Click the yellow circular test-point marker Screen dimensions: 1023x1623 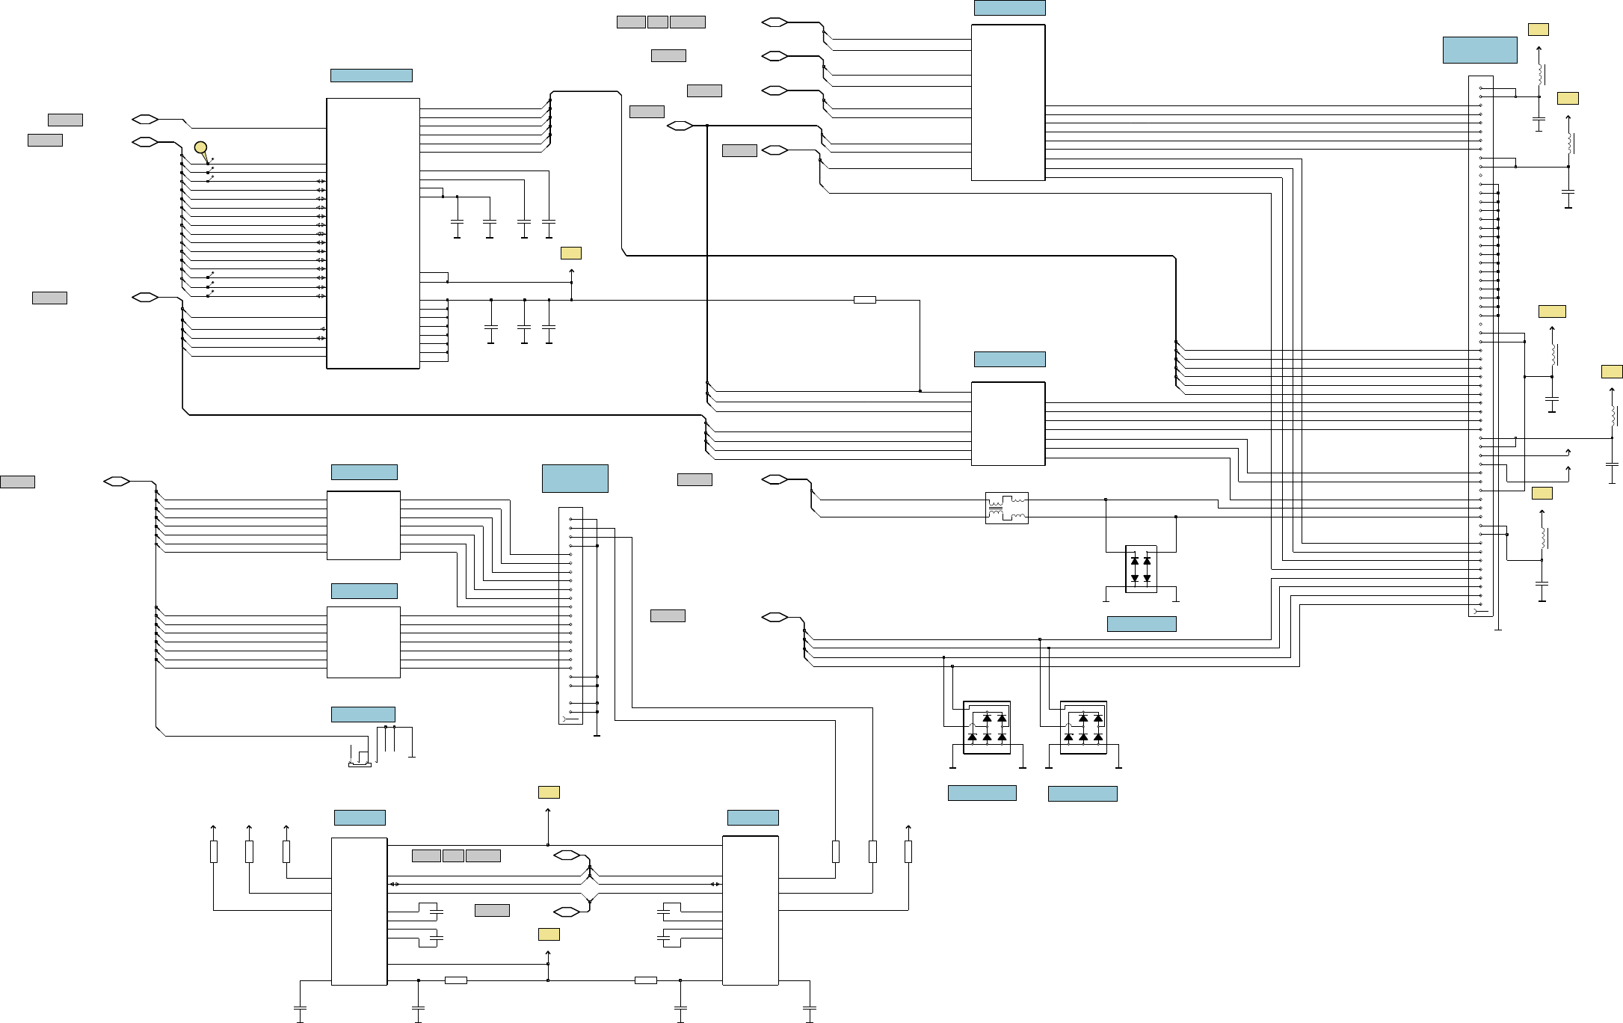click(x=200, y=147)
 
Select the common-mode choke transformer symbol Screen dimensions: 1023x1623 click(x=1006, y=508)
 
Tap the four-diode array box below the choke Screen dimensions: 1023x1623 click(x=1141, y=569)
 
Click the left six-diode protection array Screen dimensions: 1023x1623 click(x=987, y=728)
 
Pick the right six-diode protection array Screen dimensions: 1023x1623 click(x=1083, y=728)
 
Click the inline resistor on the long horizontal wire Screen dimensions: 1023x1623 click(x=864, y=300)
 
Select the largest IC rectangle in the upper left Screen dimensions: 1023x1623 click(x=373, y=233)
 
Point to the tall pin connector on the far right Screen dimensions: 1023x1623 click(x=1480, y=346)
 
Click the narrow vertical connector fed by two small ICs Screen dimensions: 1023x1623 click(x=570, y=615)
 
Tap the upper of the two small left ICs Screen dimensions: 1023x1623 click(x=363, y=525)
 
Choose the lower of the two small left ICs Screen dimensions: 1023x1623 click(x=363, y=642)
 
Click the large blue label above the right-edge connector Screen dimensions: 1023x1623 click(x=1479, y=49)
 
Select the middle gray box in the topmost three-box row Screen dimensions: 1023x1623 click(x=657, y=22)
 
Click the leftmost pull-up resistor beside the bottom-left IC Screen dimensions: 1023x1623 click(x=214, y=851)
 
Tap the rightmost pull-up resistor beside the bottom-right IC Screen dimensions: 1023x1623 click(x=908, y=851)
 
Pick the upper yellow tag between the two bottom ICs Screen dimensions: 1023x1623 click(x=549, y=792)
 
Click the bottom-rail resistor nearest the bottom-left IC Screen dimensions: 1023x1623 click(x=455, y=980)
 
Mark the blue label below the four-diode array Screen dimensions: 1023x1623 click(x=1141, y=624)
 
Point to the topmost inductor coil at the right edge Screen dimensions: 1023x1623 click(x=1540, y=74)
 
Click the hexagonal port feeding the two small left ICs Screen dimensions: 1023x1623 click(x=117, y=482)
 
